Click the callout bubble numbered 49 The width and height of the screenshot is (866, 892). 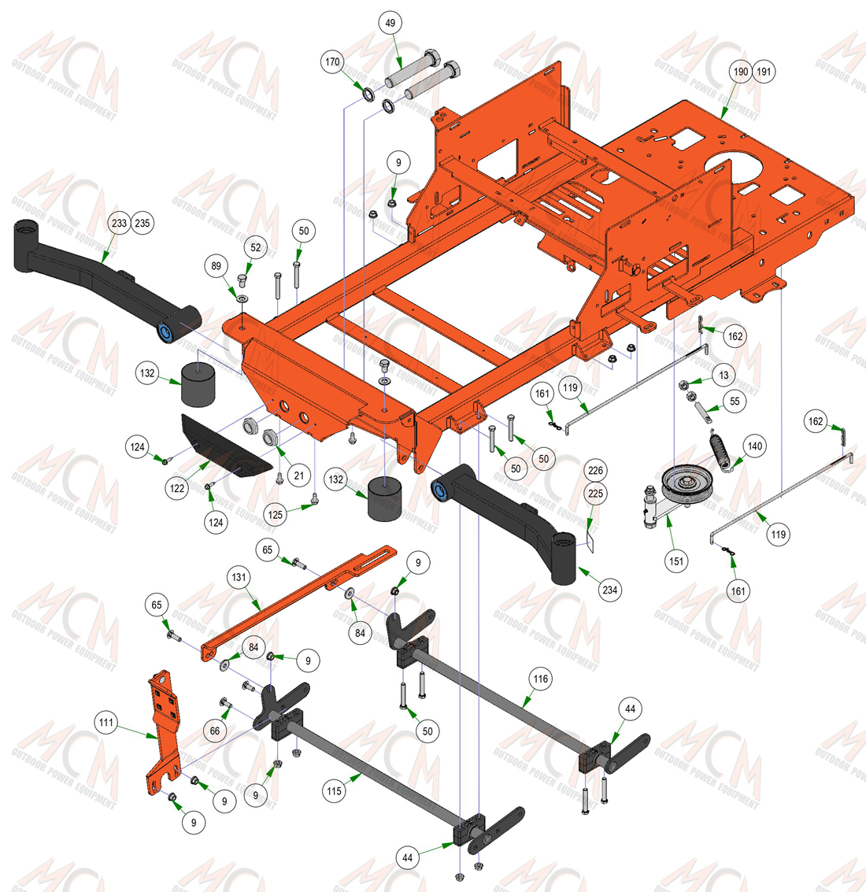click(x=390, y=23)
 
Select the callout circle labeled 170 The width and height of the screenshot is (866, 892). click(x=332, y=61)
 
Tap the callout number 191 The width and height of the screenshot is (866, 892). click(x=764, y=72)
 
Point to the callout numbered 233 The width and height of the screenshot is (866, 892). click(x=119, y=223)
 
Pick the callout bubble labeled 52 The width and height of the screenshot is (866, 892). click(x=256, y=247)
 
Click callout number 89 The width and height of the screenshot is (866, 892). click(x=216, y=265)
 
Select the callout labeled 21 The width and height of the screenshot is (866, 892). click(x=298, y=475)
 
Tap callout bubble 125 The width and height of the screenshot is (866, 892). click(x=276, y=515)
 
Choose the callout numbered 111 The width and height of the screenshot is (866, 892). click(x=105, y=723)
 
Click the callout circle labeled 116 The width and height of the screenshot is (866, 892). click(x=540, y=679)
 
